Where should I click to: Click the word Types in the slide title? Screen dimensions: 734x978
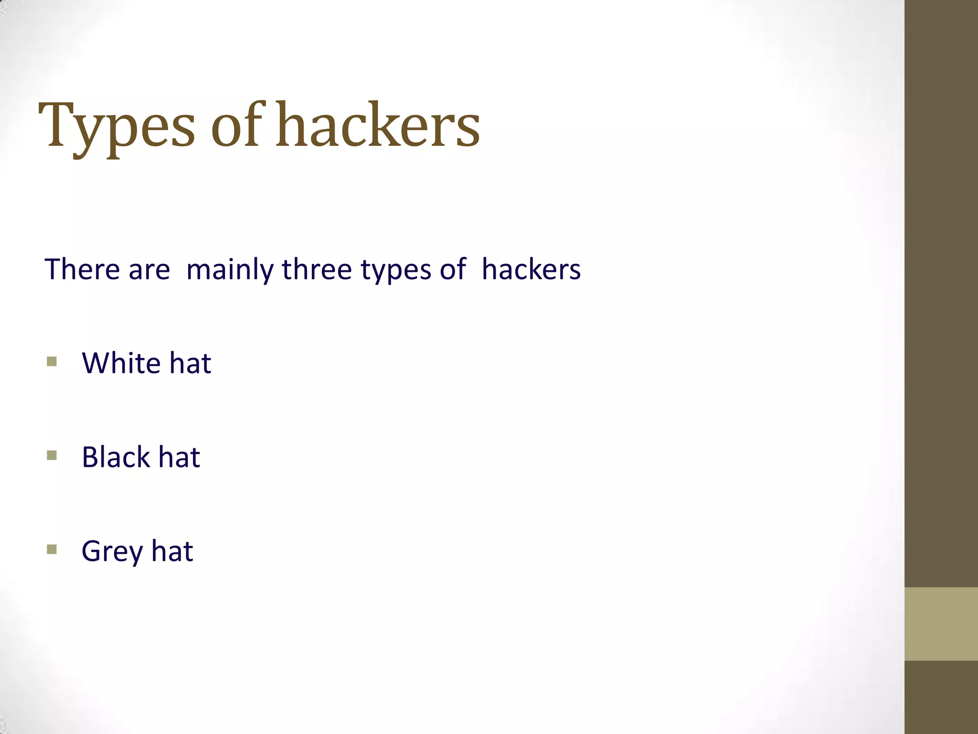117,127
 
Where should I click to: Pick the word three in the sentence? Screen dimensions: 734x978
317,269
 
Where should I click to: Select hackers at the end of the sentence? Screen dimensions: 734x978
531,269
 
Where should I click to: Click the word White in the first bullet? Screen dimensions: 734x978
121,363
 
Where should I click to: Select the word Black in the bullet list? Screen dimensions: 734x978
116,457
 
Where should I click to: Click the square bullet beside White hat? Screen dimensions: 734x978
52,361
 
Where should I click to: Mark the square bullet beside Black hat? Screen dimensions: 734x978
52,455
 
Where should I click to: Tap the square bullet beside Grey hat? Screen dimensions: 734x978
52,549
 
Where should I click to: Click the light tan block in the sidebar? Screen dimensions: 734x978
941,624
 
